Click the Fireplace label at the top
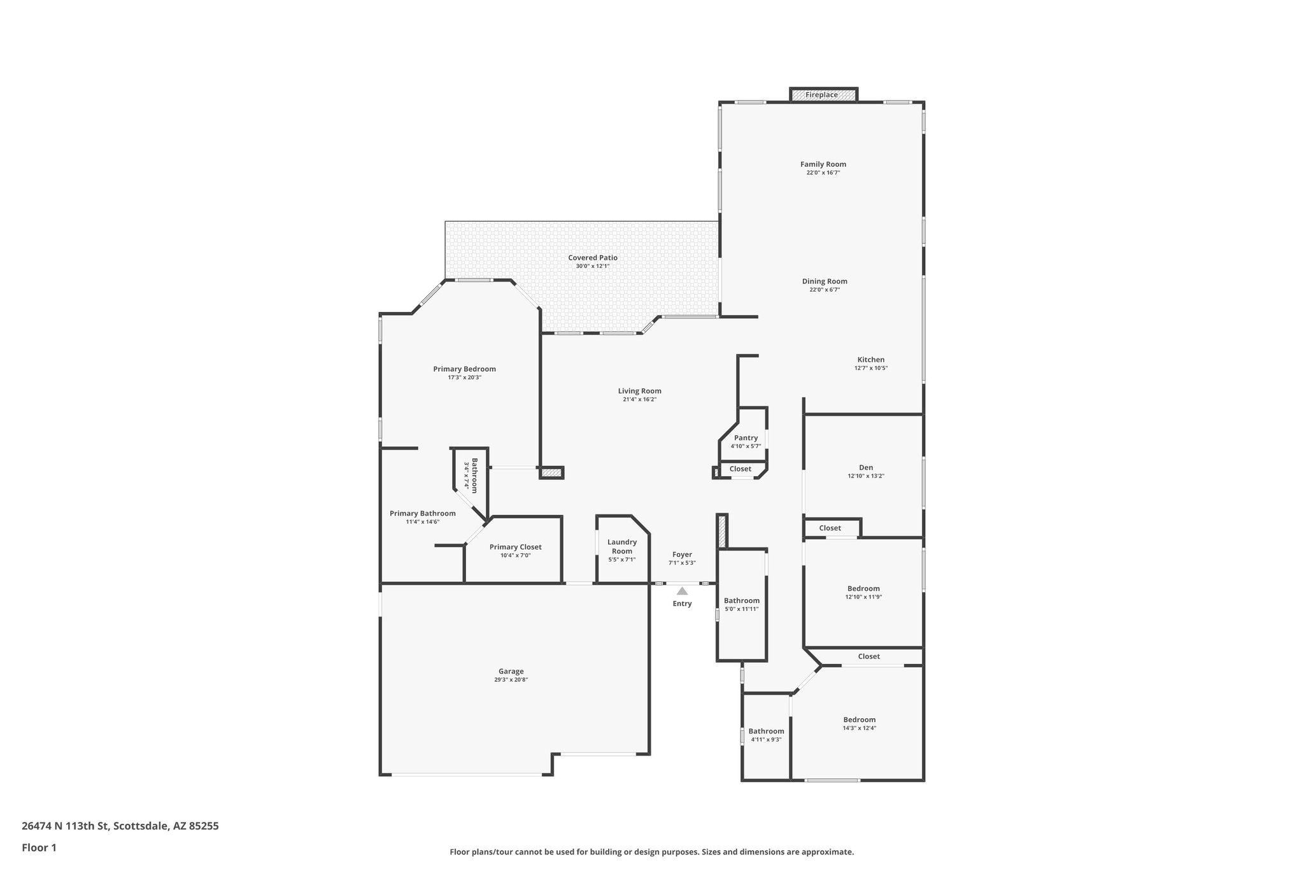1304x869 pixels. [821, 95]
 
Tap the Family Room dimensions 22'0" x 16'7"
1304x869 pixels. [823, 173]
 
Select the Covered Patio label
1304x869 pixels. [593, 258]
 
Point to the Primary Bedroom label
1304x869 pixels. [464, 369]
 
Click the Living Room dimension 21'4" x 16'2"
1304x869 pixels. [639, 400]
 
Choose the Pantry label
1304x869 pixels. [746, 438]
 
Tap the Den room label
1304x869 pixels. [866, 467]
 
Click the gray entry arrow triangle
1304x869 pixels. [682, 591]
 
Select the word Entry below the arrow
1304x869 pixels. [682, 604]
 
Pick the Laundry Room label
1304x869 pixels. [622, 547]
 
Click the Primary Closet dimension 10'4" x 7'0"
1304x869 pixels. [515, 556]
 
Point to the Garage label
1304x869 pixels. [511, 671]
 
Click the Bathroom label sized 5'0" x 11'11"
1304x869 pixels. [741, 600]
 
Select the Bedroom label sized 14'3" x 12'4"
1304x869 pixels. [859, 719]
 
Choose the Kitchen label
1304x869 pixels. [870, 360]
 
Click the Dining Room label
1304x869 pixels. [825, 281]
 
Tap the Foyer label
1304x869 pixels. [682, 555]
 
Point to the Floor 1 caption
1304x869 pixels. [39, 847]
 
